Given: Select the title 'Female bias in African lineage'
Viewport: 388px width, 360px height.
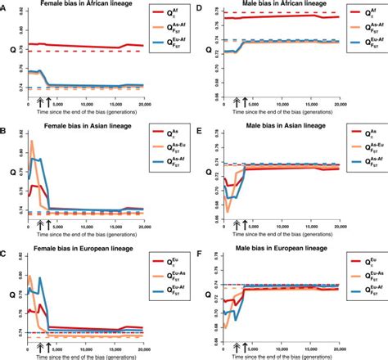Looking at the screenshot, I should [x=83, y=7].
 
